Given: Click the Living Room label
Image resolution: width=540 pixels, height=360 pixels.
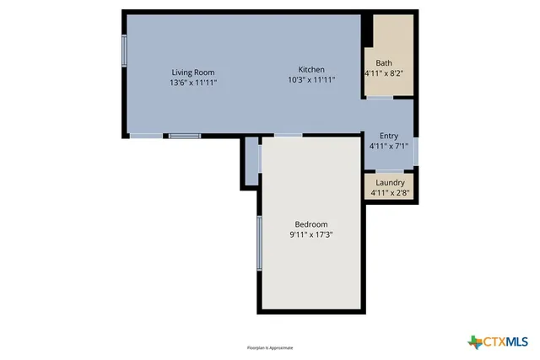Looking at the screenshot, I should click(193, 73).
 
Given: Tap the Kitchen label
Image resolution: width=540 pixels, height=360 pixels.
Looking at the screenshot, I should click(311, 69).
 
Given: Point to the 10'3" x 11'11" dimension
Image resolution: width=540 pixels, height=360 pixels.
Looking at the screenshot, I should click(311, 80).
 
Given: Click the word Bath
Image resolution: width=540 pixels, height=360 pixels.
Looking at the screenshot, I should click(384, 63).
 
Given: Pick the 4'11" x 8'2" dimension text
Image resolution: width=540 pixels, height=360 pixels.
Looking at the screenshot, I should click(384, 73).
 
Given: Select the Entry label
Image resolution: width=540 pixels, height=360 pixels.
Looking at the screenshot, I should click(388, 136).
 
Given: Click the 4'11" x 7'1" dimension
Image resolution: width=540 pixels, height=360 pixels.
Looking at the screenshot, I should click(388, 146).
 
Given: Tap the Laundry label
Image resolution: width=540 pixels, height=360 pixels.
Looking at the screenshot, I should click(389, 182).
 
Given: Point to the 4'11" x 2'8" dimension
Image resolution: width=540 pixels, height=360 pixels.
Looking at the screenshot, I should click(389, 192).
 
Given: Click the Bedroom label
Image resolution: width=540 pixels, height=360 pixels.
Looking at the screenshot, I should click(310, 223).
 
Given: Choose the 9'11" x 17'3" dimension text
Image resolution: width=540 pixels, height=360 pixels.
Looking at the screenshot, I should click(310, 234).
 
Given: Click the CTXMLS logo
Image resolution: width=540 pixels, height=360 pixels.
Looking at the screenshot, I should click(498, 341).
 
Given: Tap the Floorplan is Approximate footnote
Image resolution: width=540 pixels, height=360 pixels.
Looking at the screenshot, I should click(269, 347).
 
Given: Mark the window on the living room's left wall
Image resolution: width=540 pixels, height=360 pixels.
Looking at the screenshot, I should click(124, 51).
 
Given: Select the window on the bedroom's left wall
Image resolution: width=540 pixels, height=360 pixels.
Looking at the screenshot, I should click(259, 243).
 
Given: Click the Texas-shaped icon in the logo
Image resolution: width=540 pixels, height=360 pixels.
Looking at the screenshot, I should click(475, 341).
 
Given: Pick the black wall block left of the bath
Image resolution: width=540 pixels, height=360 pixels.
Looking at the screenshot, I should click(367, 32).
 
